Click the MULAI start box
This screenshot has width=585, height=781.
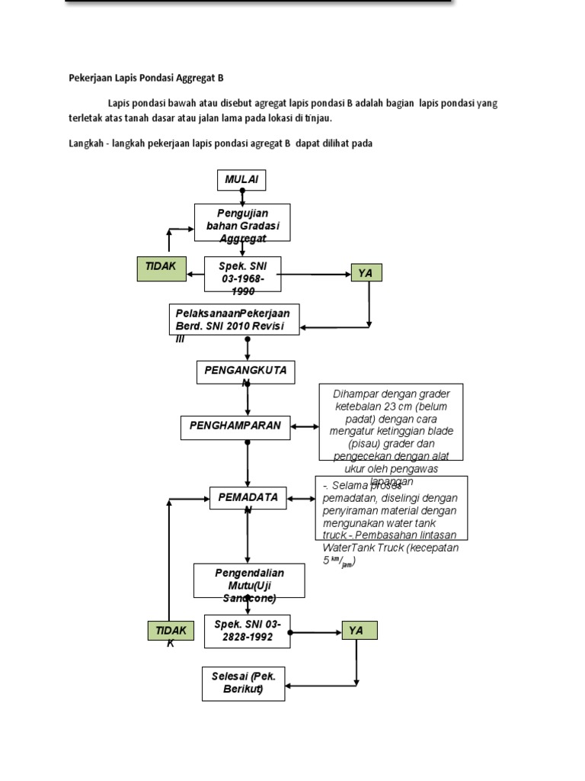point(242,180)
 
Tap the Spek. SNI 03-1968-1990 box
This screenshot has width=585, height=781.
point(243,274)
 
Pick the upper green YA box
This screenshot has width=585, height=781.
point(366,273)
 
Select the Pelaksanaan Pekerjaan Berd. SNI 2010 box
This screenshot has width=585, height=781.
point(234,320)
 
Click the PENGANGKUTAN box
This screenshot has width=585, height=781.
point(246,372)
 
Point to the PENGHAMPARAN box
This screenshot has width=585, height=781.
point(236,428)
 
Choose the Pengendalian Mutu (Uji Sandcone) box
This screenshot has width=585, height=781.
point(249,581)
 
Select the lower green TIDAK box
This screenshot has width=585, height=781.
point(171,633)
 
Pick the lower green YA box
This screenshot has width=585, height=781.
point(359,631)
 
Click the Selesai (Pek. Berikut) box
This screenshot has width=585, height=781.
point(243,684)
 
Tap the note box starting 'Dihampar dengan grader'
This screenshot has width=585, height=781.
point(390,422)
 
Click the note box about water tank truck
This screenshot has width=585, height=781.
point(392,508)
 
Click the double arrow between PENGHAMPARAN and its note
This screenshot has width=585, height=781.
point(305,427)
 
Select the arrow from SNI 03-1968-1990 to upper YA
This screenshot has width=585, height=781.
point(315,274)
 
